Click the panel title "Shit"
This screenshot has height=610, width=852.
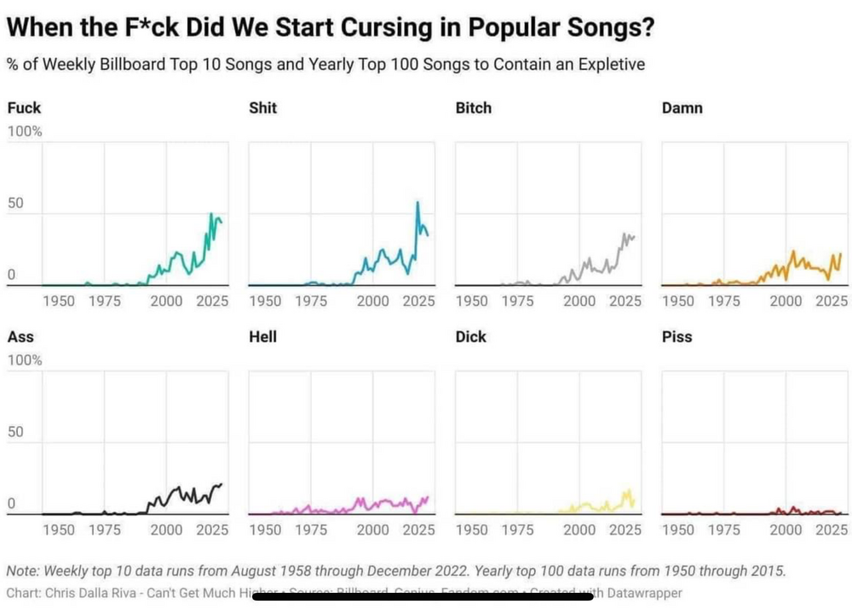[x=262, y=108]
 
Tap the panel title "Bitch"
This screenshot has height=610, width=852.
[x=474, y=108]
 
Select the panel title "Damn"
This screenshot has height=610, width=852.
[x=682, y=108]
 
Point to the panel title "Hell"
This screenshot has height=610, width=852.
[x=262, y=337]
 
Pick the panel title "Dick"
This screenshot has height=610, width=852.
[x=470, y=337]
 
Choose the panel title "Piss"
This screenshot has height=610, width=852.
[x=676, y=337]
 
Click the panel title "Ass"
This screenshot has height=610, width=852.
[x=20, y=337]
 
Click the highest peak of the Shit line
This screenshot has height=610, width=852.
[x=417, y=202]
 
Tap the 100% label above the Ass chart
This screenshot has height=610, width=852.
[x=25, y=360]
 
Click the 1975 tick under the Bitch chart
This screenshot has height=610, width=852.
[x=517, y=301]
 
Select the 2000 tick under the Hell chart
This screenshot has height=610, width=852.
[x=373, y=530]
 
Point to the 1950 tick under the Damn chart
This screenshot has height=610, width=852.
[x=678, y=301]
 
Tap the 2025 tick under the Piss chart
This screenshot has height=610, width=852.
[x=832, y=530]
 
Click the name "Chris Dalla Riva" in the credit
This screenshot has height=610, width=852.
[x=87, y=592]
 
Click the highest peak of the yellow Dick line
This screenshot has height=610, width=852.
[x=629, y=491]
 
